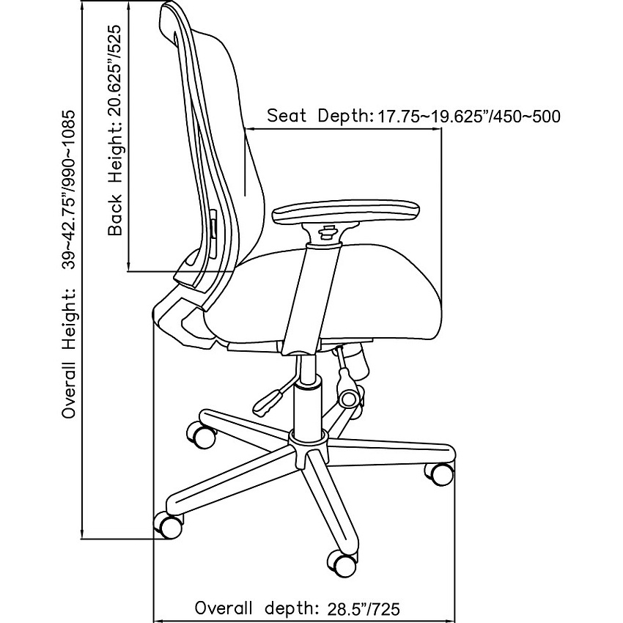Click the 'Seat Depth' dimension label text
pos(413,116)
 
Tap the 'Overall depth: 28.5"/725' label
pos(297,608)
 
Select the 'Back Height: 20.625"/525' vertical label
pos(115,130)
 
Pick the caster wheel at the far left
pos(169,525)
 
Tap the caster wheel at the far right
pos(440,474)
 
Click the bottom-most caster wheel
pos(342,564)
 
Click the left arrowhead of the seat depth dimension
pos(251,128)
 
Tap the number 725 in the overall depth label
pos(384,608)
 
